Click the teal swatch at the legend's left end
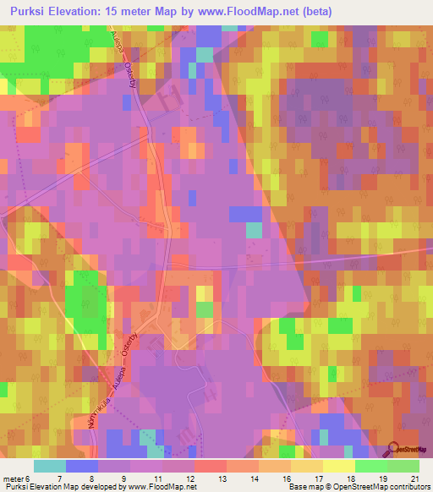(49, 466)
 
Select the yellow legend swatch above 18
(339, 466)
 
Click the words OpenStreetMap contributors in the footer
(382, 487)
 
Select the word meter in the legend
(14, 478)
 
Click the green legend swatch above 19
(371, 466)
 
